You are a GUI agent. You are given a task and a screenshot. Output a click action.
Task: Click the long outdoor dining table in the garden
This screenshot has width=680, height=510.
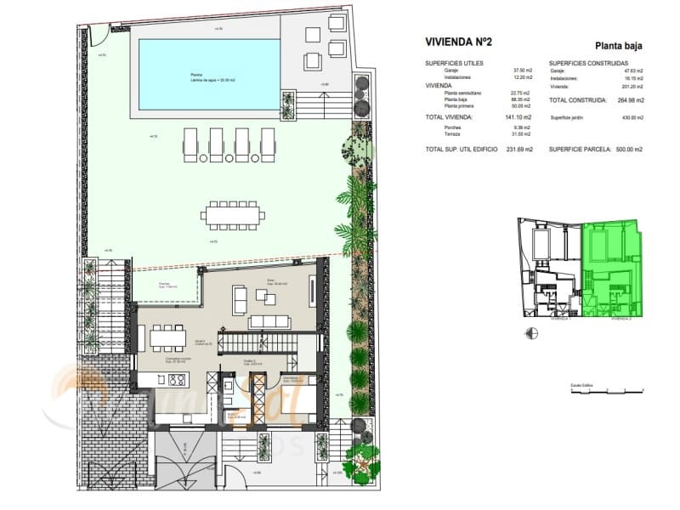[234, 214]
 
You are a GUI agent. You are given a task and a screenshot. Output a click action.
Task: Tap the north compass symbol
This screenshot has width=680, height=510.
[532, 333]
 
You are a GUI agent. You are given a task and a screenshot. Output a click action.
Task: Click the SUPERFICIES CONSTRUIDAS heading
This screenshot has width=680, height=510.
[588, 64]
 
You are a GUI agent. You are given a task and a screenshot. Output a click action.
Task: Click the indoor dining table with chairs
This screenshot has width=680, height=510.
[167, 337]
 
